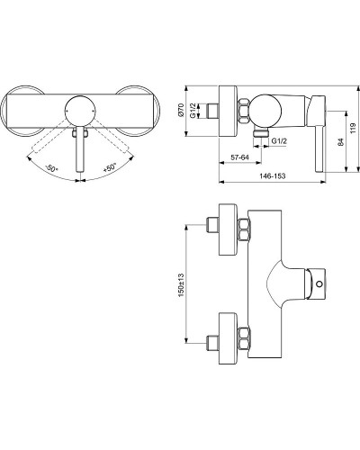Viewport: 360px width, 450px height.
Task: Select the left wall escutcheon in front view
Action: tap(20, 112)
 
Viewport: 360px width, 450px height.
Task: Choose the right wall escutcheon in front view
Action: tap(141, 112)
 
